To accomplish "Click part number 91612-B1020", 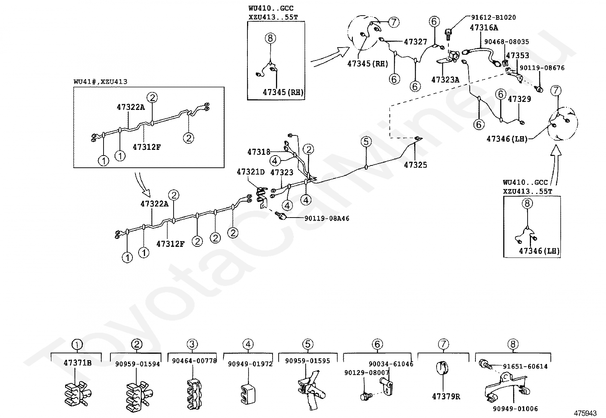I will click(x=493, y=17).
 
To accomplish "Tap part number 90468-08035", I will click(x=506, y=41).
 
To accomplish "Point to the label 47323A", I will click(x=445, y=79).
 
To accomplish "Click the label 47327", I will click(x=415, y=42).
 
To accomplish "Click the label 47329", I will click(x=519, y=99).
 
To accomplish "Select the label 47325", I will click(x=415, y=165).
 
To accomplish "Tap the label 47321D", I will click(x=250, y=172).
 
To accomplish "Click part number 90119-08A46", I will click(x=327, y=218).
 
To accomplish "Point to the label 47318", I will click(x=259, y=152).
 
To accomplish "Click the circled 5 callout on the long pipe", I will click(x=366, y=142).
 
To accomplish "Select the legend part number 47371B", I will click(x=77, y=362).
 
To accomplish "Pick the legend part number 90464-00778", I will click(x=194, y=361).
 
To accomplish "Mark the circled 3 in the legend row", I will click(x=192, y=345).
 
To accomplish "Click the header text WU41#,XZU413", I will click(x=100, y=81).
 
